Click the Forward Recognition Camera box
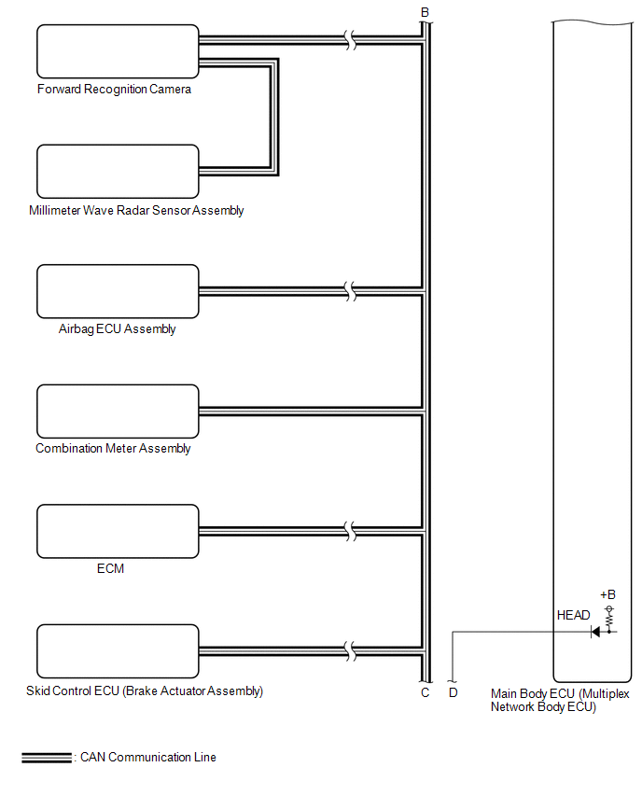coord(118,51)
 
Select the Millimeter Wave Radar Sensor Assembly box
coord(118,172)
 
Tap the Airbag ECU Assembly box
coord(118,291)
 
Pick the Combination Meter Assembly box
coord(118,411)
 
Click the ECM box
coord(118,531)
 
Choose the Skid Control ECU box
coord(118,651)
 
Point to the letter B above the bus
coord(425,12)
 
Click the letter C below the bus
coord(425,692)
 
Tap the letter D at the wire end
coord(453,692)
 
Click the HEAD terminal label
coord(573,615)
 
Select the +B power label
coord(608,594)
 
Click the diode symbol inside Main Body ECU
coord(595,632)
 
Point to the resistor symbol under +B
coord(609,615)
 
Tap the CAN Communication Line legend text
coord(148,757)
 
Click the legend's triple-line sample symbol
coord(47,757)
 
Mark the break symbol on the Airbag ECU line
coord(351,291)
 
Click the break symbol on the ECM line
coord(351,531)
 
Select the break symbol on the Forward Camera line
coord(351,40)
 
